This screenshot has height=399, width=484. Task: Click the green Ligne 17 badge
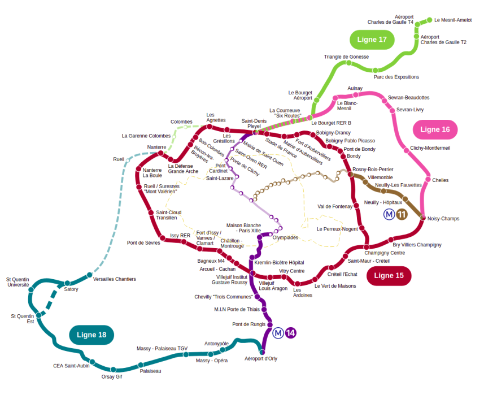click(372, 40)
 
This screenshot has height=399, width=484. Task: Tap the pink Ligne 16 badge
click(435, 129)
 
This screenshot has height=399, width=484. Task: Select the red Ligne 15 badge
click(389, 275)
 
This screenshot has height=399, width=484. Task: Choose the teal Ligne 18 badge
click(91, 335)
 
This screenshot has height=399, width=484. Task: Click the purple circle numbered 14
click(290, 333)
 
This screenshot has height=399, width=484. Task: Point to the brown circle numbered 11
click(402, 214)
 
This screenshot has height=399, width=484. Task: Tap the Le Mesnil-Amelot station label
click(453, 20)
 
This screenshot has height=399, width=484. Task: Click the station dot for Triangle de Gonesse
click(348, 63)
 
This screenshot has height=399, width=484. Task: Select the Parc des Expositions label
click(396, 77)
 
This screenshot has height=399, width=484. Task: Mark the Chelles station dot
click(428, 179)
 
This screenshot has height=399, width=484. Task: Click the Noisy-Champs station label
click(443, 219)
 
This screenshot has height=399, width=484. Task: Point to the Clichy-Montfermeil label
click(430, 148)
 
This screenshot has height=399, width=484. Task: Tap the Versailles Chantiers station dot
click(90, 275)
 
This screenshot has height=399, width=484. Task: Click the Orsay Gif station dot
click(114, 370)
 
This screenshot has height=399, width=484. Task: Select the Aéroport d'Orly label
click(261, 358)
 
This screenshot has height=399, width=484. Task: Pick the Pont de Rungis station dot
click(270, 324)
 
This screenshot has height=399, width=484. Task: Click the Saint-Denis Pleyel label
click(254, 124)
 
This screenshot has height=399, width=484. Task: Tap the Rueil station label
click(119, 159)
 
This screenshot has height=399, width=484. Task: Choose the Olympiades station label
click(285, 237)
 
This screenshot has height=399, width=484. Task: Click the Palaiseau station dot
click(141, 365)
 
